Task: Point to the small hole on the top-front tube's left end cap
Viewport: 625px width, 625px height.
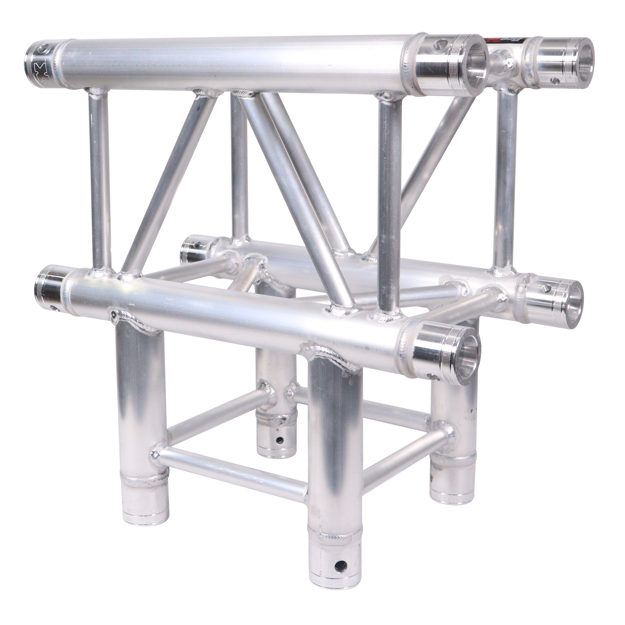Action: click(x=42, y=50)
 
